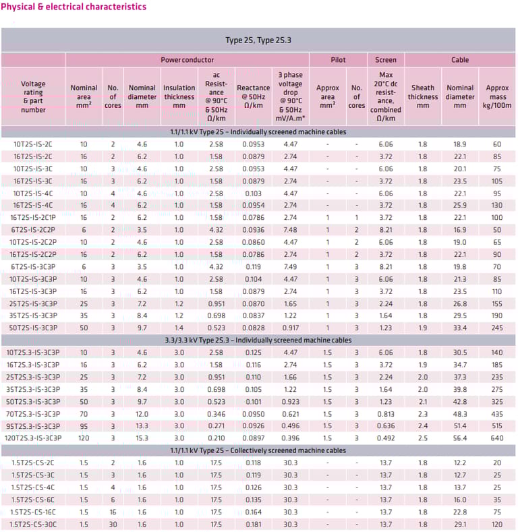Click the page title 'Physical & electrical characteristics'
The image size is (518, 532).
tap(73, 7)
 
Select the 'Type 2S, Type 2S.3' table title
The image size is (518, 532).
tap(258, 40)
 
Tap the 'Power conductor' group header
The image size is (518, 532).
tap(187, 60)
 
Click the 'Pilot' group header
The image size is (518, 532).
tap(338, 60)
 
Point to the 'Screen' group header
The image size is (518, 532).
tap(386, 60)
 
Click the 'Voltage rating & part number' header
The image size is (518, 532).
tap(33, 96)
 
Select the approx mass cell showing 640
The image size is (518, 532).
tap(497, 438)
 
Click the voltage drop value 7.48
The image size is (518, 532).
tap(290, 230)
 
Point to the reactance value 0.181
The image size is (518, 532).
tap(253, 524)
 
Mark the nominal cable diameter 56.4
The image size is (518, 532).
tap(460, 438)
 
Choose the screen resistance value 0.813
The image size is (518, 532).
tap(386, 413)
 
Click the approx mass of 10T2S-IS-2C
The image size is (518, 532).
tap(497, 144)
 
